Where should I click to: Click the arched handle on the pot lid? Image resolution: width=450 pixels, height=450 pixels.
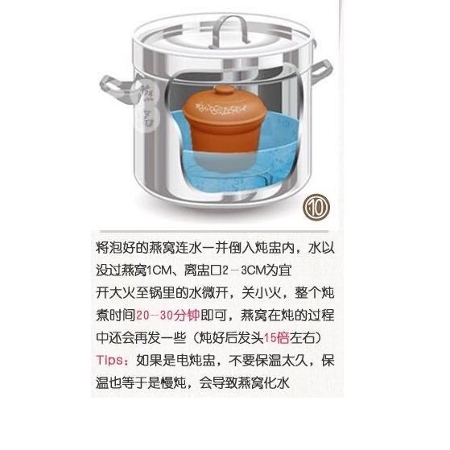tap(229, 22)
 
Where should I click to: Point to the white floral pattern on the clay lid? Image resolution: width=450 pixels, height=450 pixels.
tap(221, 109)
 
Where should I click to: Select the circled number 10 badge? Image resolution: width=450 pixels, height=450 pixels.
tap(316, 208)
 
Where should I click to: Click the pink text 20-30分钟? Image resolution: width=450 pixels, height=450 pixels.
tap(168, 316)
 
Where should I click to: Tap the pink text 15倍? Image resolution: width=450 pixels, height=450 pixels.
tap(276, 338)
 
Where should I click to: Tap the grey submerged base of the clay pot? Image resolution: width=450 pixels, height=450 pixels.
tap(221, 161)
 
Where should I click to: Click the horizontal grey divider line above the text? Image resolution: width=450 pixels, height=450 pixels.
tap(214, 231)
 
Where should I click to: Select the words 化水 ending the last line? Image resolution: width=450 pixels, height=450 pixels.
tap(276, 383)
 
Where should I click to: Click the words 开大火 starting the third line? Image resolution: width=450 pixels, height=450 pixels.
tap(116, 293)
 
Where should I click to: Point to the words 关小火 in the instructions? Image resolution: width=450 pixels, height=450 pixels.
tap(261, 293)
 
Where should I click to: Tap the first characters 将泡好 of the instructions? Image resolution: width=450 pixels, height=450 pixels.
tap(116, 248)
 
